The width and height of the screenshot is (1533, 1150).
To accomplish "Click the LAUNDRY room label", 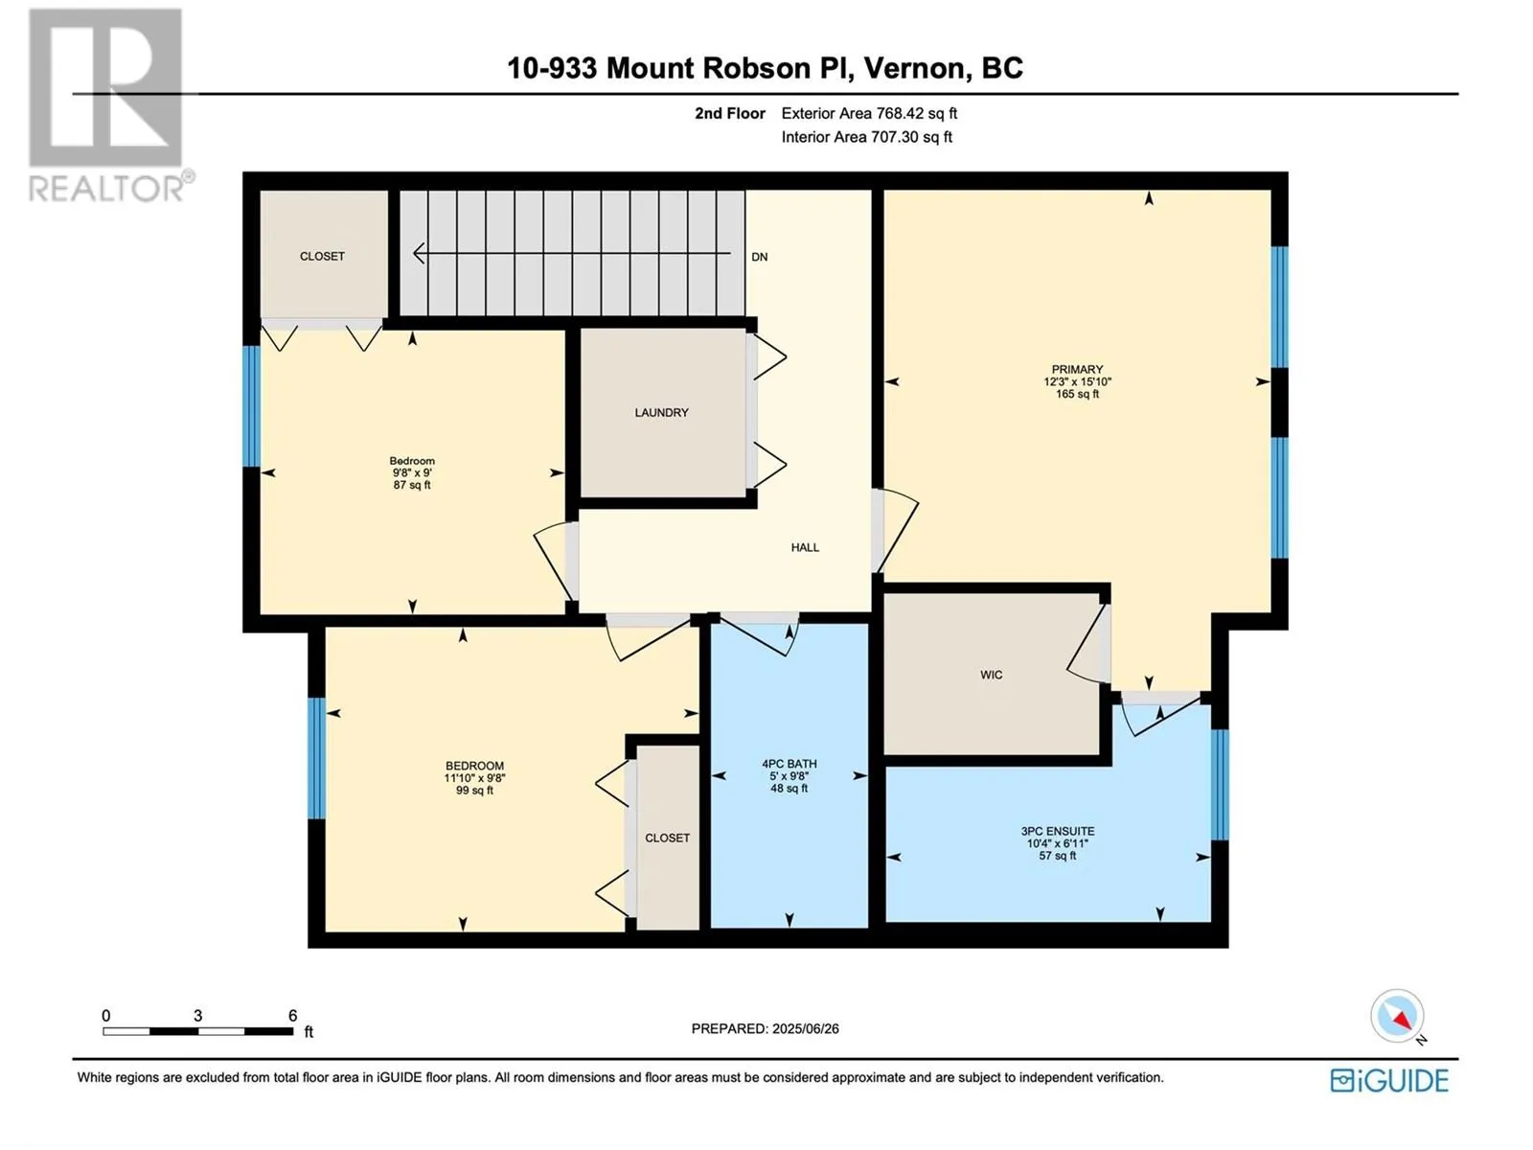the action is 661,413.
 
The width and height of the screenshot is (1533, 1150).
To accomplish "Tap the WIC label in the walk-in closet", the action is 991,675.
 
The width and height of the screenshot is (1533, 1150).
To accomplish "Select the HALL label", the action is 805,547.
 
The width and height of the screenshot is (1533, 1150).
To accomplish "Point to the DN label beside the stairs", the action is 759,257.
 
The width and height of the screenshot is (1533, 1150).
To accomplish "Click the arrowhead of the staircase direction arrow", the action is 419,253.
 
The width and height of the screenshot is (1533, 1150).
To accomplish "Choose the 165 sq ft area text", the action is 1077,394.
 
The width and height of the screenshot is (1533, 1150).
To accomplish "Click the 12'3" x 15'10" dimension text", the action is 1077,382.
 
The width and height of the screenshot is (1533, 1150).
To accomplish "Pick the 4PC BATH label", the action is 789,764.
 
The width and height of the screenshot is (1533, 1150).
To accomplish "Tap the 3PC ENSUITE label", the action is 1058,831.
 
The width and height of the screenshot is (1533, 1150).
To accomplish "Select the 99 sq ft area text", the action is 474,791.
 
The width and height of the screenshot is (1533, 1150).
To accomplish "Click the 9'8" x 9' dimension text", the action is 412,472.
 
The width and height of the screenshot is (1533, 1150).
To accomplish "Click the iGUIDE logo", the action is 1389,1081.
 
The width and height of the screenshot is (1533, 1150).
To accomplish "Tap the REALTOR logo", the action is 109,104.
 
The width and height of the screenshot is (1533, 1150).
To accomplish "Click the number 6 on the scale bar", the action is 292,1016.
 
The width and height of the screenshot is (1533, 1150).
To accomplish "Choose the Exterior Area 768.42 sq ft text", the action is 869,113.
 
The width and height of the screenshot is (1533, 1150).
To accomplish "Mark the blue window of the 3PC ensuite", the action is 1220,785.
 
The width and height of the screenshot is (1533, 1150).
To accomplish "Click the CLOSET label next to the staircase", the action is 322,256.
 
